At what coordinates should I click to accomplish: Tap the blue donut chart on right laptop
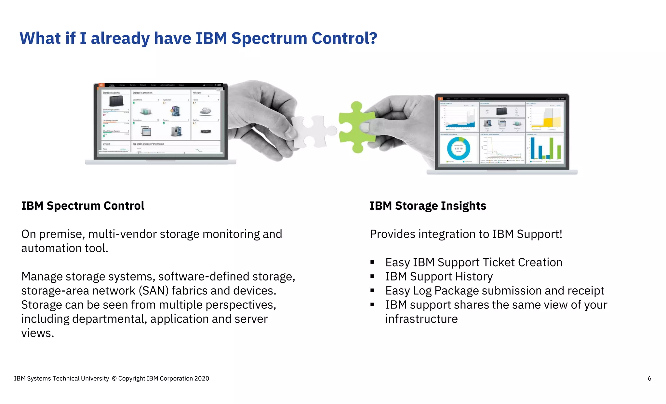pyautogui.click(x=459, y=149)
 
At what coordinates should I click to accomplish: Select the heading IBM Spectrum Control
pyautogui.click(x=83, y=206)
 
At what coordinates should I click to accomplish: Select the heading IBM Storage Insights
pyautogui.click(x=428, y=206)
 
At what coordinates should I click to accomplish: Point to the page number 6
pyautogui.click(x=649, y=378)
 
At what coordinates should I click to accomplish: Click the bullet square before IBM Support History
pyautogui.click(x=372, y=277)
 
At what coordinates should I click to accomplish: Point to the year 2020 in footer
pyautogui.click(x=202, y=378)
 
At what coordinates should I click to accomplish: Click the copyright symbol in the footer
pyautogui.click(x=114, y=378)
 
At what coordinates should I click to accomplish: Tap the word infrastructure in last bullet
pyautogui.click(x=421, y=319)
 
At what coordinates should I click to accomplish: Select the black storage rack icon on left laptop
pyautogui.click(x=116, y=101)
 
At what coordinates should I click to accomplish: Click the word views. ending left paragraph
pyautogui.click(x=37, y=333)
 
